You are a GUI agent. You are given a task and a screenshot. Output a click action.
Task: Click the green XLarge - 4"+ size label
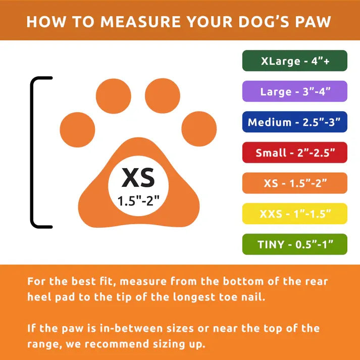pyautogui.click(x=294, y=61)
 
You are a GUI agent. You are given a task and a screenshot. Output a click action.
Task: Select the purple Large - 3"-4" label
pyautogui.click(x=294, y=91)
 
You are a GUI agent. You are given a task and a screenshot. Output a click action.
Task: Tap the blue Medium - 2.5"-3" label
pyautogui.click(x=294, y=122)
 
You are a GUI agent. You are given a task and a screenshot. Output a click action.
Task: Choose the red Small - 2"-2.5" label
pyautogui.click(x=294, y=152)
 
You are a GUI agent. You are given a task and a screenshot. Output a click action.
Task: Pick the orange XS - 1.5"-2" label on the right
pyautogui.click(x=294, y=183)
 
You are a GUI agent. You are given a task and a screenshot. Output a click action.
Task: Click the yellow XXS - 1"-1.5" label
pyautogui.click(x=294, y=214)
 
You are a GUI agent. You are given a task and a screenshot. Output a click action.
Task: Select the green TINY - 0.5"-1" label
pyautogui.click(x=294, y=244)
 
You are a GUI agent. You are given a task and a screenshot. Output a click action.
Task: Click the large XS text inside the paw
pyautogui.click(x=138, y=178)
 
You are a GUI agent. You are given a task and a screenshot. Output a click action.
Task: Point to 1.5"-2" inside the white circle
pyautogui.click(x=138, y=200)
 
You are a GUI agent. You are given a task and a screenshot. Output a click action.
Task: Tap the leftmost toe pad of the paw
pyautogui.click(x=78, y=129)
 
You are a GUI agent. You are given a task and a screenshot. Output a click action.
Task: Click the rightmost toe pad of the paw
pyautogui.click(x=199, y=129)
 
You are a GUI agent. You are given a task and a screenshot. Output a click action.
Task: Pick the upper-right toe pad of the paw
pyautogui.click(x=163, y=95)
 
